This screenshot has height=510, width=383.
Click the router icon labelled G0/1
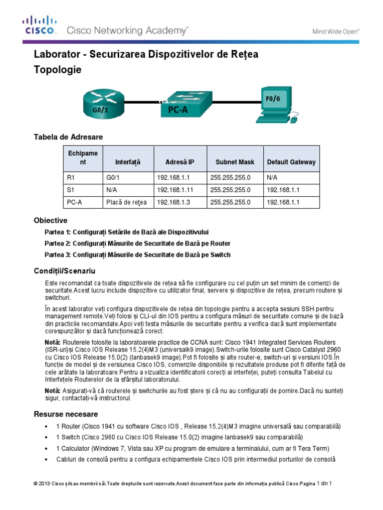[x=101, y=104]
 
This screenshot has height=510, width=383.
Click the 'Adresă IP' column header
[x=180, y=162]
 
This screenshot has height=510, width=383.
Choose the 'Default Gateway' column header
[x=291, y=162]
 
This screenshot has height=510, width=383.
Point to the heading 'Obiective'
[x=50, y=220]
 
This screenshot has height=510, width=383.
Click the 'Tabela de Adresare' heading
[x=68, y=136]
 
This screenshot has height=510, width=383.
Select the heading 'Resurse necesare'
[x=66, y=414]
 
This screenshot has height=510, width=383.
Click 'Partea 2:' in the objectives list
[x=58, y=244]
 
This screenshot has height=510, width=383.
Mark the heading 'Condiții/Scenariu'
[x=64, y=271]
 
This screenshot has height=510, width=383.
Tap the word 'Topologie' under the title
[x=57, y=70]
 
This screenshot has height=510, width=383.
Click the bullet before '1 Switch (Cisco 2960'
[x=46, y=437]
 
